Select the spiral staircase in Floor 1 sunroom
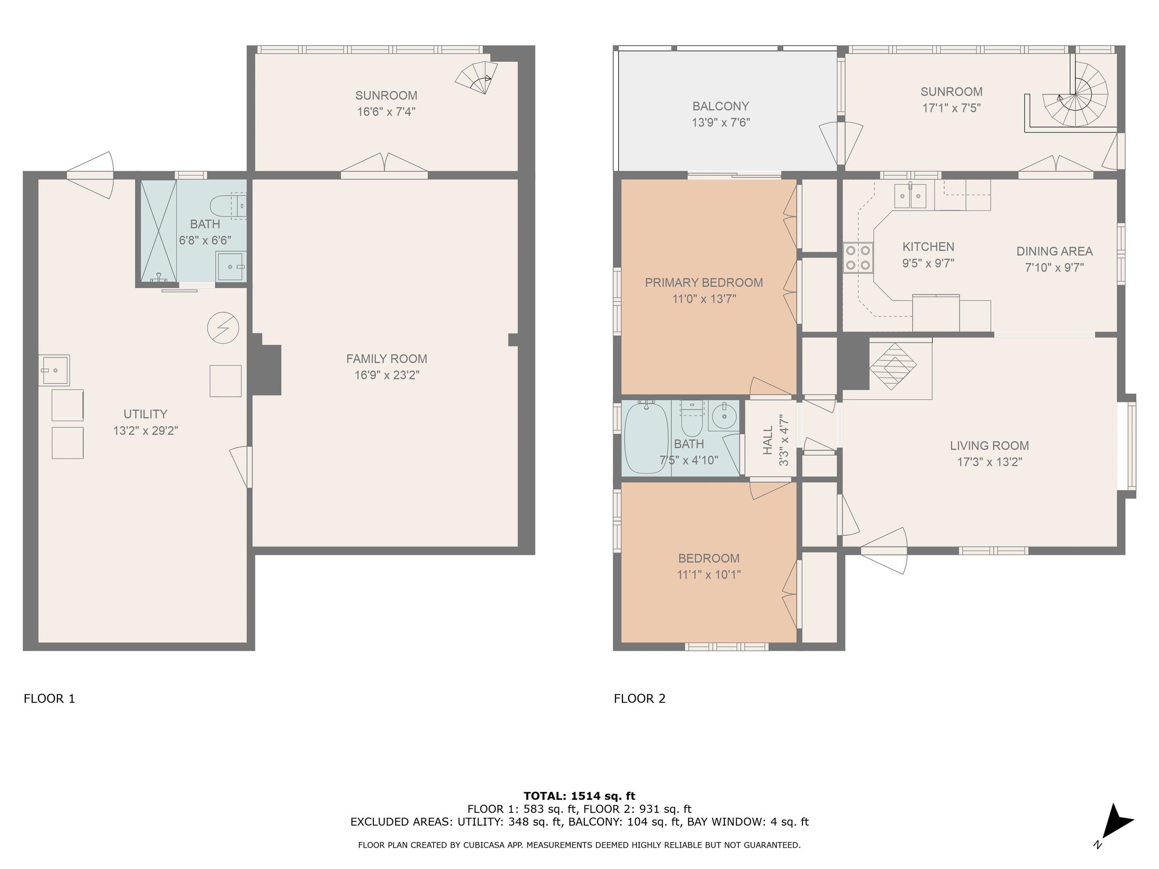(476, 78)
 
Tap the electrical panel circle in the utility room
(223, 328)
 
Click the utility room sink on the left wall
(54, 370)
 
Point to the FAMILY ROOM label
(387, 359)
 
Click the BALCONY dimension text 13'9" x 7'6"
(721, 123)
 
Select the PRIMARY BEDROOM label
(704, 283)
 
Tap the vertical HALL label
(768, 440)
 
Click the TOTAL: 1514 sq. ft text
(579, 797)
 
